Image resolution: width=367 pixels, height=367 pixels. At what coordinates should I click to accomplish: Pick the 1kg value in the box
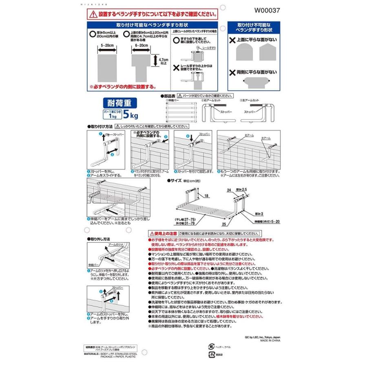[113, 116]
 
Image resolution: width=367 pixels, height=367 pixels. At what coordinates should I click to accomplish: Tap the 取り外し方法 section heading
[99, 238]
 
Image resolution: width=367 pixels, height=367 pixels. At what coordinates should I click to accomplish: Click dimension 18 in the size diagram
[206, 196]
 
